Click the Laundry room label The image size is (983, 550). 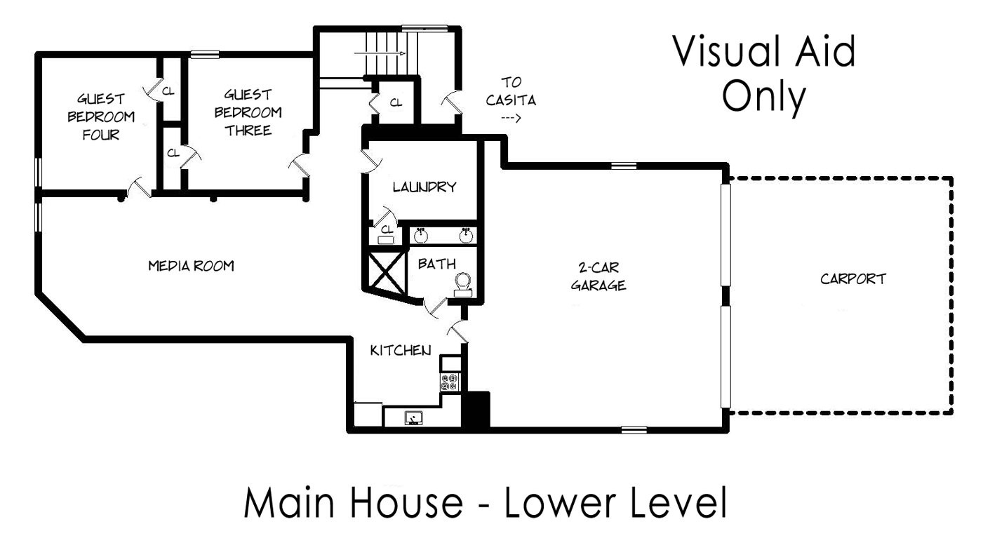424,187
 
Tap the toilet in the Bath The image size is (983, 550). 463,285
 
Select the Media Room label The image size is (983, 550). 192,266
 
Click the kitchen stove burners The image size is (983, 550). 450,382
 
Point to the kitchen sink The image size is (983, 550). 413,417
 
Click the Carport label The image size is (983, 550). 853,279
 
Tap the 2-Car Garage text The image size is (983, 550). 599,277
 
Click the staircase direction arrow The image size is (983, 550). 380,53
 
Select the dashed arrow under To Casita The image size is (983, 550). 511,118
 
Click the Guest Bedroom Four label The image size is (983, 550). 101,116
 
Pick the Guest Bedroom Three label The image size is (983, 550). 248,113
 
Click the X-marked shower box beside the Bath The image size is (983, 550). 385,271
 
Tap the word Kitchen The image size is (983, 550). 401,351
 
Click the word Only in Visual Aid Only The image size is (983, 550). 764,98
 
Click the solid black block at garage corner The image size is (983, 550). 476,410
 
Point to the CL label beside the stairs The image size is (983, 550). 396,102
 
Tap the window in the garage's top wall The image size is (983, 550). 624,166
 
